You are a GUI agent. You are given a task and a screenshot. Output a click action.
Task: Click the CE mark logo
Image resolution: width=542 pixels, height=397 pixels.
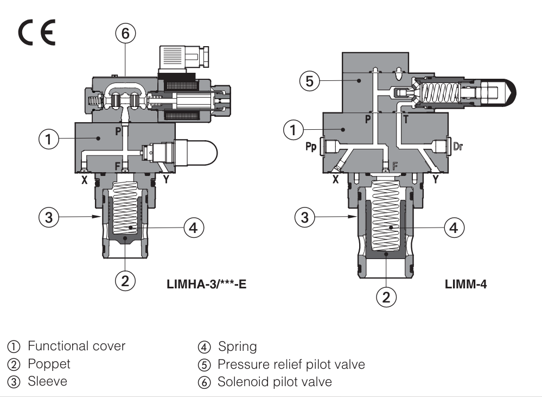coord(37,35)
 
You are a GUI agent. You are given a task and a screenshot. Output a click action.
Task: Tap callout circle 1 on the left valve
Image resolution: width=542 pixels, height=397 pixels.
coord(49,139)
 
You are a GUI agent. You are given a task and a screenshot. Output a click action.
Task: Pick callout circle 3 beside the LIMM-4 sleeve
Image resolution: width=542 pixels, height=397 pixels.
coord(305,218)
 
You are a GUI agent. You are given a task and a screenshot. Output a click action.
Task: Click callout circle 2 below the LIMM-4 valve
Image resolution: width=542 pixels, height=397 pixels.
coord(386,297)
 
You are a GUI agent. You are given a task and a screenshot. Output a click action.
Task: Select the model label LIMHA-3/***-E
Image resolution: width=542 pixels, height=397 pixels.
coord(206,283)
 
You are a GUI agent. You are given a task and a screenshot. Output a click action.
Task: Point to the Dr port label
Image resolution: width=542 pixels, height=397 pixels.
coord(457,146)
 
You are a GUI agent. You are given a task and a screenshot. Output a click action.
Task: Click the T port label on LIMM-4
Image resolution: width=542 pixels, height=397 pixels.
coord(405,118)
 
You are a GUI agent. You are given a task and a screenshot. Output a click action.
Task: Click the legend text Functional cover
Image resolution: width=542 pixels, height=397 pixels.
coord(76,346)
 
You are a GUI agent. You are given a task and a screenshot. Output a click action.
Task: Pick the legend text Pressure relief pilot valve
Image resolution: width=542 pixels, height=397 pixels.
coord(291,364)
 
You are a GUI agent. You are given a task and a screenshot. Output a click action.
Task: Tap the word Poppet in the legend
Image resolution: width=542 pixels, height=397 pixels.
coord(49,363)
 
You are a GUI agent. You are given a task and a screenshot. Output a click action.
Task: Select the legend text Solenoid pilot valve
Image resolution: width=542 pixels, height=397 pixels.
coord(275,382)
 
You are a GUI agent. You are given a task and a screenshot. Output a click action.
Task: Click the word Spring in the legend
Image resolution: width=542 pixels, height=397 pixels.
coord(237,346)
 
